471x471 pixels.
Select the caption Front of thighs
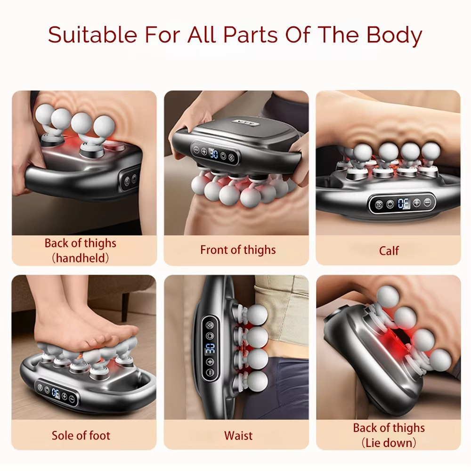click(x=238, y=250)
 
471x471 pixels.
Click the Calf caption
click(x=389, y=251)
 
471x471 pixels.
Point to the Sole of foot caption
click(x=81, y=435)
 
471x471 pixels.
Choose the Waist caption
click(x=238, y=436)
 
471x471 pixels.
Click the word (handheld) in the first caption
click(x=80, y=258)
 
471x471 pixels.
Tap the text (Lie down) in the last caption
click(x=389, y=443)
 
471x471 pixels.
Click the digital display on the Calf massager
click(x=403, y=204)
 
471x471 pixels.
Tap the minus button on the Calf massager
click(x=427, y=203)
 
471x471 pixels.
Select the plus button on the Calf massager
click(x=416, y=203)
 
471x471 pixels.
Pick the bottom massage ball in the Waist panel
click(x=257, y=381)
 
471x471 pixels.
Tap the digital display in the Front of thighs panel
click(x=213, y=154)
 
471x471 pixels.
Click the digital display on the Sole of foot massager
click(x=56, y=391)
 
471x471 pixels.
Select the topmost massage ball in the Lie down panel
click(x=388, y=296)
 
